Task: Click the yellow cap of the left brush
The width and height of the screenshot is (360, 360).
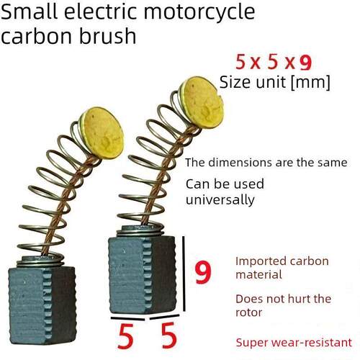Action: pos(102,132)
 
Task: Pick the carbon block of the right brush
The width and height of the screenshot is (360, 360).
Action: pos(142,274)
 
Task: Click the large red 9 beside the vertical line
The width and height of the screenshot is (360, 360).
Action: pos(203,273)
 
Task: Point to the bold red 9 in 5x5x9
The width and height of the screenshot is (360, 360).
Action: pos(305,63)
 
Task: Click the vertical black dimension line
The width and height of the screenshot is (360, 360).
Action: pos(184,274)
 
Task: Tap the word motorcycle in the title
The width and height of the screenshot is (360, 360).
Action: pos(199,12)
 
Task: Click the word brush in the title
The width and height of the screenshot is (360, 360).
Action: pos(107,36)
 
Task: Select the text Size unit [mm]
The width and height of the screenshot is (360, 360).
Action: pos(275,82)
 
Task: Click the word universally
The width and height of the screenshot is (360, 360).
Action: pos(220,200)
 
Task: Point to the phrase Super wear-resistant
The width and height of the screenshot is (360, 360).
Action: pos(294,343)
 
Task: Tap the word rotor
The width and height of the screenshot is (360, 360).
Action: pos(249,312)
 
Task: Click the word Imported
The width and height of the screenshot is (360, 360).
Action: pos(261,261)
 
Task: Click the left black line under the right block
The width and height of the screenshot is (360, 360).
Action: pos(127,318)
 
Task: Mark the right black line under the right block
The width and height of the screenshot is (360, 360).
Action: pos(164,317)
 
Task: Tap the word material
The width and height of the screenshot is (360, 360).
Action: pos(258,274)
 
